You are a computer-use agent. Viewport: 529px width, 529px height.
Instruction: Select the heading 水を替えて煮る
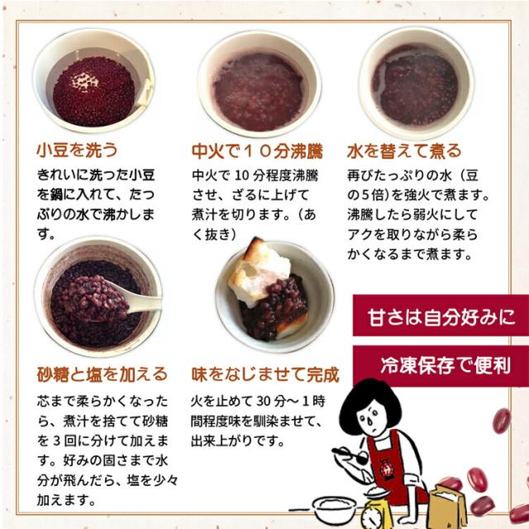tap(404, 152)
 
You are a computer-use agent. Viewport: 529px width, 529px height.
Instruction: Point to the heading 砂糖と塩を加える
tap(102, 374)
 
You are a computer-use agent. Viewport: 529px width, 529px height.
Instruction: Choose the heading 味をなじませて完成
tap(264, 374)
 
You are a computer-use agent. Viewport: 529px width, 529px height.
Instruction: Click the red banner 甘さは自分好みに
tap(441, 316)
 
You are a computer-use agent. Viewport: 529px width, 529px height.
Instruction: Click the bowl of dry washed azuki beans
tap(93, 87)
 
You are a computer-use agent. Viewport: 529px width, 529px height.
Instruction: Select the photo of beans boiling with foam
tap(257, 87)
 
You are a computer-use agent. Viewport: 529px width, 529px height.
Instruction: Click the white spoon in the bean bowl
tap(141, 299)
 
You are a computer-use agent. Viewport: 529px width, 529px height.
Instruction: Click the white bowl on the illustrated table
tap(335, 506)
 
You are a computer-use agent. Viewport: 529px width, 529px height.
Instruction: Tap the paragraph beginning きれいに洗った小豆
tap(101, 204)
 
